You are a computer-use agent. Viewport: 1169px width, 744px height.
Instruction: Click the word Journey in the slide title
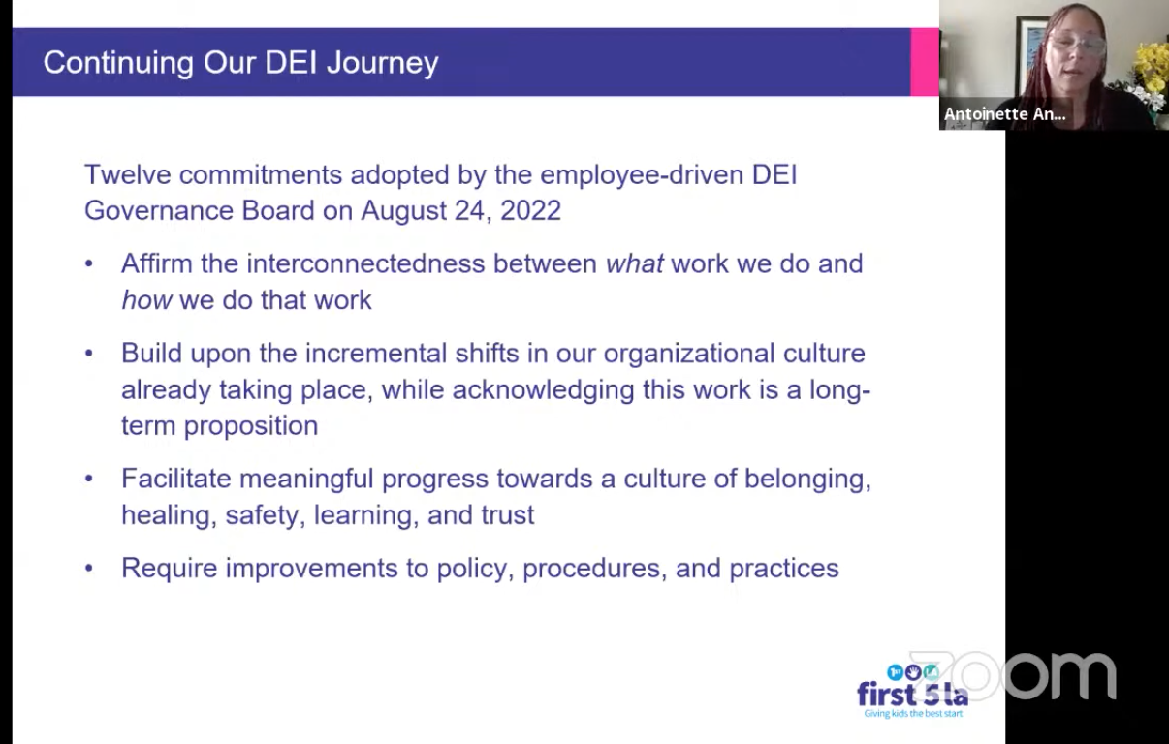(383, 64)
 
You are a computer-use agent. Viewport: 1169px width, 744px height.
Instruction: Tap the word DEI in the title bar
(291, 63)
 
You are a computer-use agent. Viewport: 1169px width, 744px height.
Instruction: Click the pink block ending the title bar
(925, 62)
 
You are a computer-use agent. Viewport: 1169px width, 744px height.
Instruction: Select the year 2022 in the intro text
(531, 210)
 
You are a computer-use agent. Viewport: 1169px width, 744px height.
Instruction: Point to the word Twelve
(128, 174)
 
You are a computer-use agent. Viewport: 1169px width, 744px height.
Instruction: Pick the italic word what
(635, 263)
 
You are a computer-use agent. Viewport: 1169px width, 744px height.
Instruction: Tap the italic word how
(146, 300)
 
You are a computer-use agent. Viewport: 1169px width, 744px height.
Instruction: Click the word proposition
(251, 426)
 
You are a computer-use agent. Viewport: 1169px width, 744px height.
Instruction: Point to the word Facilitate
(176, 478)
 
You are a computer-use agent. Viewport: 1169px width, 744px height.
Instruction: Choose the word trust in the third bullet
(508, 515)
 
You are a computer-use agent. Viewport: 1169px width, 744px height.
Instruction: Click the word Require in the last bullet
(170, 568)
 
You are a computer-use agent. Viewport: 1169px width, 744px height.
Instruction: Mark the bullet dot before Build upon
(89, 354)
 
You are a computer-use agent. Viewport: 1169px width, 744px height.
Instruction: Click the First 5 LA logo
(913, 692)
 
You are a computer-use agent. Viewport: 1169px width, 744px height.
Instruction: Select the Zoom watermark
(1012, 675)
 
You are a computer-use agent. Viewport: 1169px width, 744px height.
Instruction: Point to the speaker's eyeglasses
(1078, 45)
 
